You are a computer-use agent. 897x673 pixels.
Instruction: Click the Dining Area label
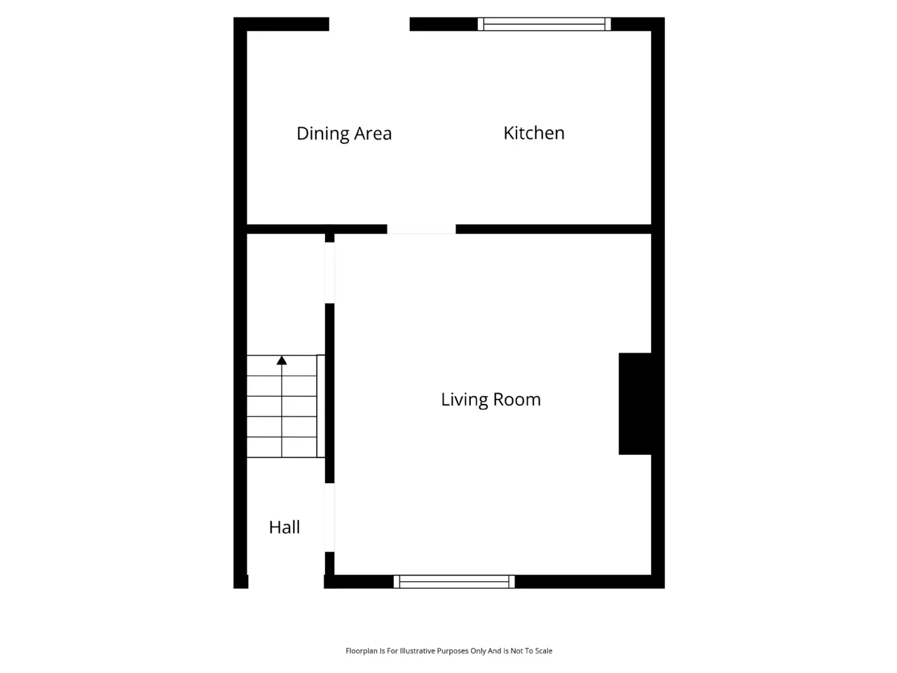point(343,134)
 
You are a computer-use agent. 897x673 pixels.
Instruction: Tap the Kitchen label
point(534,132)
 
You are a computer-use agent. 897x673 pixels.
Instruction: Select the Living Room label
point(491,400)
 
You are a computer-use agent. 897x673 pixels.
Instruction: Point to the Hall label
point(285,527)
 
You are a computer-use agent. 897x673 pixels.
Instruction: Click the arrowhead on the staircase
point(282,360)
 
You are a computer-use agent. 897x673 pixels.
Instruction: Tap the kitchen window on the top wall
point(544,24)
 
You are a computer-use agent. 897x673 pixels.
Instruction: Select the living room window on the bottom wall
point(454,581)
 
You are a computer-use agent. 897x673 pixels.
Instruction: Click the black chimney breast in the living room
point(635,404)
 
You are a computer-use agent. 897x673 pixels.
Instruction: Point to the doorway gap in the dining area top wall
point(369,24)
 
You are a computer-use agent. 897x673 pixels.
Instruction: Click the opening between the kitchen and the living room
point(421,229)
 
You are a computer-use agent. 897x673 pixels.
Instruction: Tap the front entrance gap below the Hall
point(286,581)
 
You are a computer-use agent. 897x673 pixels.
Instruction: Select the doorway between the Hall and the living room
point(329,518)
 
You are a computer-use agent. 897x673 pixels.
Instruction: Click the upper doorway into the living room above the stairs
point(329,273)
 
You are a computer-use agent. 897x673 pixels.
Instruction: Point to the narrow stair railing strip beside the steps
point(321,406)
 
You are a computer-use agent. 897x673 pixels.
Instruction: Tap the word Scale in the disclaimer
point(542,651)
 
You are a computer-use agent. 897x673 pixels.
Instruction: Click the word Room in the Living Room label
point(517,400)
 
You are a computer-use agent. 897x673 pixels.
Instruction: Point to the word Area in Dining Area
point(373,134)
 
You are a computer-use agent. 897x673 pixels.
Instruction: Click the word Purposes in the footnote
point(453,651)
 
